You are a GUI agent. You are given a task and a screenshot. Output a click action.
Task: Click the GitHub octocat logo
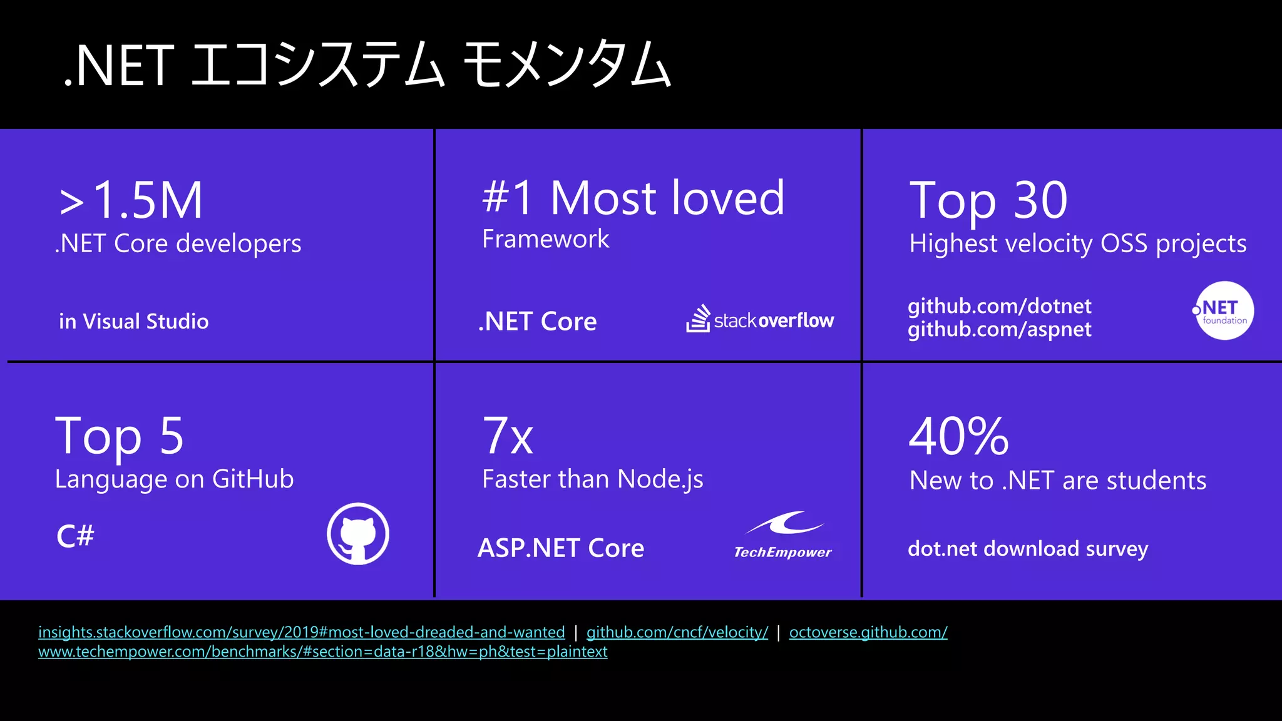coord(358,534)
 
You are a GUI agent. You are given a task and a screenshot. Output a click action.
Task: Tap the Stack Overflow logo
coord(760,320)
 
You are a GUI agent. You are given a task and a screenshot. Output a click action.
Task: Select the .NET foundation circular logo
coord(1224,311)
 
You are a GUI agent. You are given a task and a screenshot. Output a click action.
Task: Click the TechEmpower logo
coord(783,535)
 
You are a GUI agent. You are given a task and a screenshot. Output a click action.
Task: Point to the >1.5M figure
coord(131,200)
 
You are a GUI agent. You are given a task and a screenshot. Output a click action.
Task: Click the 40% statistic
coord(958,436)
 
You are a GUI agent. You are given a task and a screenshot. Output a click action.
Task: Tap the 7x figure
coord(508,436)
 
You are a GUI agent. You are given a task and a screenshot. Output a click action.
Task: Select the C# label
coord(75,536)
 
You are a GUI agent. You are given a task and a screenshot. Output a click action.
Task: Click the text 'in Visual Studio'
coord(134,322)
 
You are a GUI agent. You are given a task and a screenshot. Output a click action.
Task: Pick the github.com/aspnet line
coord(999,330)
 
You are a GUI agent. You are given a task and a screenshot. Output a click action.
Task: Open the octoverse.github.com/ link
coord(868,632)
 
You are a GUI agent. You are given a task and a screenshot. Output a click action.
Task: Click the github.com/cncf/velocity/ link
coord(677,632)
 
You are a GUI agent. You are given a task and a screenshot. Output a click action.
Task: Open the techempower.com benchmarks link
coord(322,652)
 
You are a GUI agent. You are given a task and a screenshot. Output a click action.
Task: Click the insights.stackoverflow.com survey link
coord(301,632)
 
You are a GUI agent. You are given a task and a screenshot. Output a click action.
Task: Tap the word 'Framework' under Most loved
coord(545,239)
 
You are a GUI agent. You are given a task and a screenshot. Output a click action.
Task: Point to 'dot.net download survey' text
coord(1027,549)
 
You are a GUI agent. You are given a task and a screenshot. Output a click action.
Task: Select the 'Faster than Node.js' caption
coord(592,479)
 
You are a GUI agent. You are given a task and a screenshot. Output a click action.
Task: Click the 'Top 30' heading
coord(988,200)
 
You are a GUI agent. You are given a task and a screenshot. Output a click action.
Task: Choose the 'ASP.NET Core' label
coord(560,548)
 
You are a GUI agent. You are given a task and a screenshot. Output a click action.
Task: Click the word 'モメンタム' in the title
coord(567,64)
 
